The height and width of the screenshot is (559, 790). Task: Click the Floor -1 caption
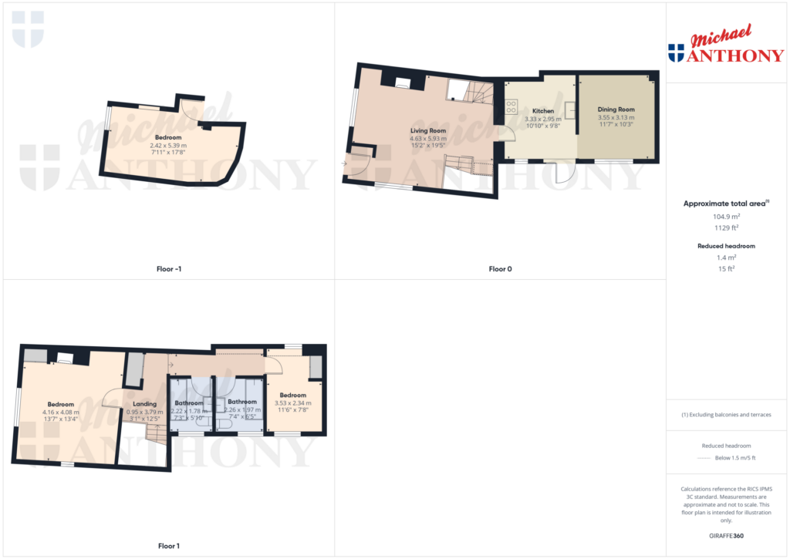[168, 269]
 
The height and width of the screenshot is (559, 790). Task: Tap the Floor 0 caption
[500, 269]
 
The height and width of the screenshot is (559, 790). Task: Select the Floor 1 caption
[168, 546]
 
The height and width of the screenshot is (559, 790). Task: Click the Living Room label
[428, 131]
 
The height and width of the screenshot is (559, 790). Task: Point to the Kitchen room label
[543, 111]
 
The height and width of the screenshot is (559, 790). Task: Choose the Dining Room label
[616, 109]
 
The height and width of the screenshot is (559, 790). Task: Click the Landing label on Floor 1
[144, 403]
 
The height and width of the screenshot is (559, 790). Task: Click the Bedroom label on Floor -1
[168, 137]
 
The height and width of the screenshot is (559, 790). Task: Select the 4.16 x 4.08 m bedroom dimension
[60, 413]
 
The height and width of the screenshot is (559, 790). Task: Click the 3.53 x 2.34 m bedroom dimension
[293, 403]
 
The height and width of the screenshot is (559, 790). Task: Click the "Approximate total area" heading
[726, 204]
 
